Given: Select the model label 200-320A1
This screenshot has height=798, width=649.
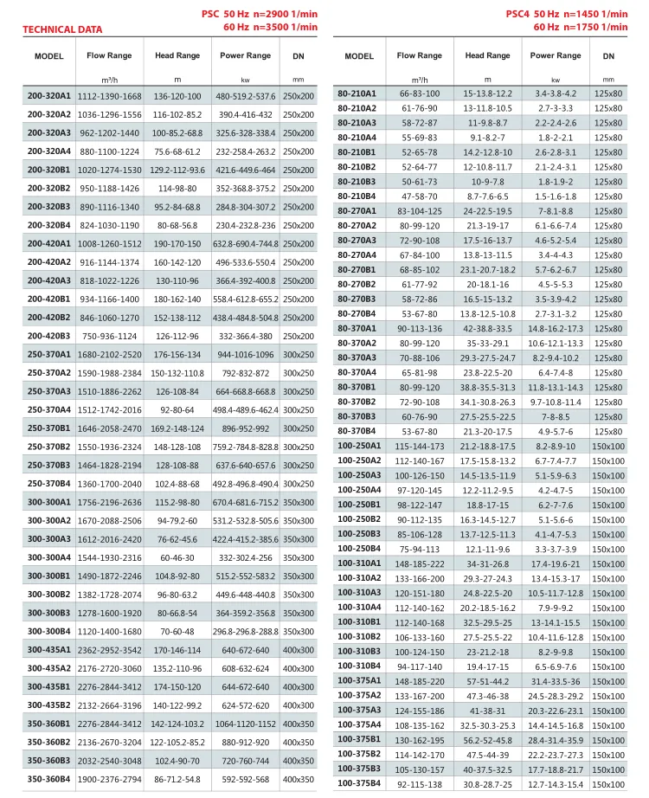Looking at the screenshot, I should [48, 96].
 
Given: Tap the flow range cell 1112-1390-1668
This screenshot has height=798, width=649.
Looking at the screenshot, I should [109, 96].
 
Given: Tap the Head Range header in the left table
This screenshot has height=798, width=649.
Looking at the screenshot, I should [177, 55].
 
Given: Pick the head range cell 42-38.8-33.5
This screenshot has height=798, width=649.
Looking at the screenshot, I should [488, 328].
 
